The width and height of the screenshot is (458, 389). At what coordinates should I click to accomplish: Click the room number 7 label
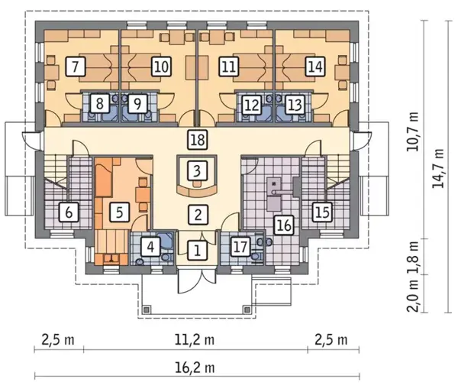[76, 66]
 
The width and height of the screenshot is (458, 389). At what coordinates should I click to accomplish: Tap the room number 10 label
[161, 66]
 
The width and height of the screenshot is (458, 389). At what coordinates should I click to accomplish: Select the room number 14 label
[315, 66]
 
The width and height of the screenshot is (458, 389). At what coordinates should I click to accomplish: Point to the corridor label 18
[198, 140]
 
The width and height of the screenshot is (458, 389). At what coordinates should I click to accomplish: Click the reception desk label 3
[198, 171]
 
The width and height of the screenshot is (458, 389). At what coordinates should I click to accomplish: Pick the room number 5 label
[120, 212]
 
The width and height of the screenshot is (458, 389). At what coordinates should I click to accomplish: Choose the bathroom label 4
[150, 248]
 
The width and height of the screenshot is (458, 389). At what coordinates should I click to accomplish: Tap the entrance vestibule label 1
[198, 251]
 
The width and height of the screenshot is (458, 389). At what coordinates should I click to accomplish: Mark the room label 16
[284, 225]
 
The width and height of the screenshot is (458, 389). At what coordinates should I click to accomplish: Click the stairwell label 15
[323, 212]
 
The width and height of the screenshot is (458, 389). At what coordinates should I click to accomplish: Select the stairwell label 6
[69, 212]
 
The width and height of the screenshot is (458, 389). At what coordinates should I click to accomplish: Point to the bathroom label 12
[252, 105]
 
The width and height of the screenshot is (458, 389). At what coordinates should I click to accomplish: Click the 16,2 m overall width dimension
[195, 368]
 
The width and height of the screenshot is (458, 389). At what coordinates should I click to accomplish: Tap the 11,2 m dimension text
[195, 340]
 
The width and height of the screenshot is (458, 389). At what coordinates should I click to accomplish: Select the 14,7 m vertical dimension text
[438, 168]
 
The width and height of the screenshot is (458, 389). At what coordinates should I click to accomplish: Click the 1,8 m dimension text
[412, 257]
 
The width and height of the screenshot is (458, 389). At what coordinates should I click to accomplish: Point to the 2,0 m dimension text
[412, 296]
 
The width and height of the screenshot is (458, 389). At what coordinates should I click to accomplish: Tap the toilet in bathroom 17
[256, 257]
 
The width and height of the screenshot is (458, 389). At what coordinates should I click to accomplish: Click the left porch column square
[147, 310]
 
